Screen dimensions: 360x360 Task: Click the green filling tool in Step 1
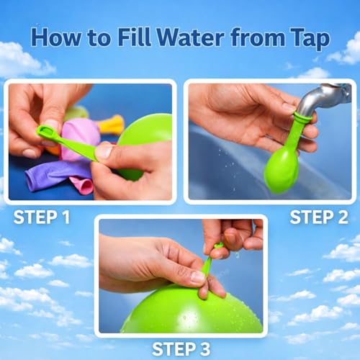pyautogui.click(x=65, y=140)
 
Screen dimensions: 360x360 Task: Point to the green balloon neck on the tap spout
pyautogui.click(x=302, y=122)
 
